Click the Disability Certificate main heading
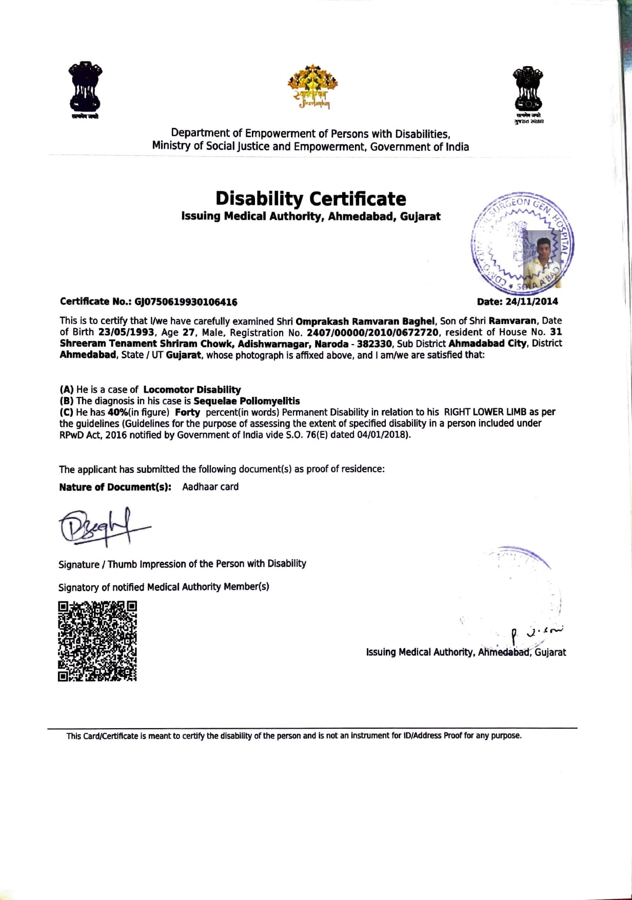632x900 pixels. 310,198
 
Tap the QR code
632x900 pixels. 97,641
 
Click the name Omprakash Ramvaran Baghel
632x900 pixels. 365,322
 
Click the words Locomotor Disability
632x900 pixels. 192,390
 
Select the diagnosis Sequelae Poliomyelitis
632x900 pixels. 247,401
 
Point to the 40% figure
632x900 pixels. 117,412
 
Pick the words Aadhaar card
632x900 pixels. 210,487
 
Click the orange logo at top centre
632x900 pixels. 313,86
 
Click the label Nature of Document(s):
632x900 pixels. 115,487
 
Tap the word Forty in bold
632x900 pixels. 187,412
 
